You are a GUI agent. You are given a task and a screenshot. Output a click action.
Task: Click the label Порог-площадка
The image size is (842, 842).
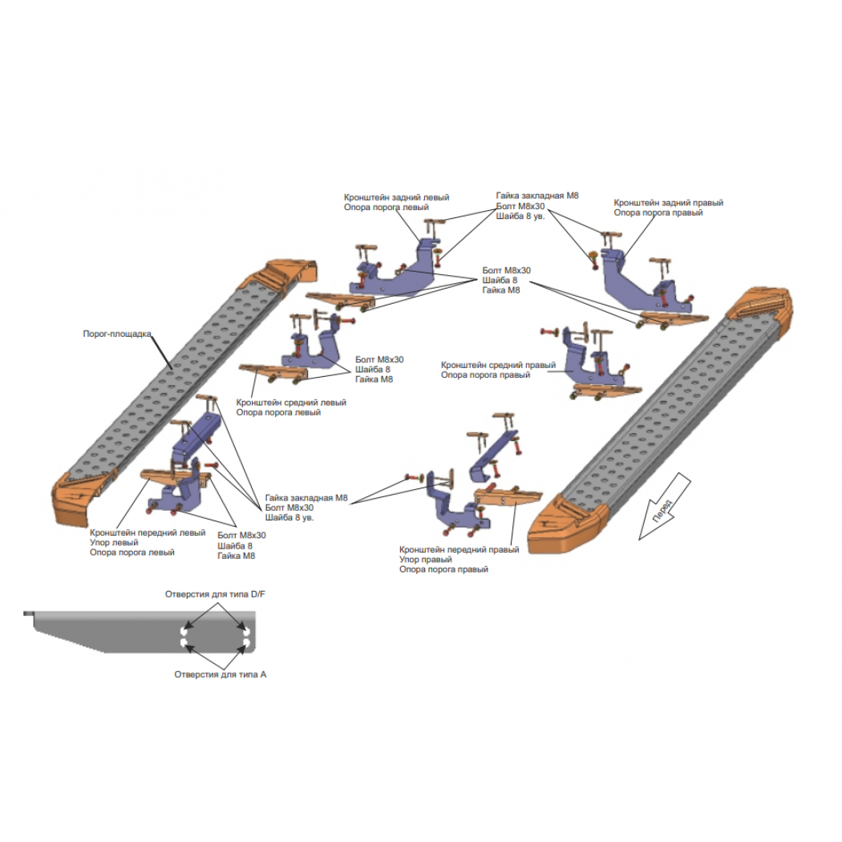click(117, 334)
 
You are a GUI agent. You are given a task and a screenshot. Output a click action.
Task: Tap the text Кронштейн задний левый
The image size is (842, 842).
click(396, 197)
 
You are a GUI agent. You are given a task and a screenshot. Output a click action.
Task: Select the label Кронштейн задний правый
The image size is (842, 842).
click(669, 202)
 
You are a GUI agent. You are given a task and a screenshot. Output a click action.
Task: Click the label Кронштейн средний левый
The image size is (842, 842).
click(291, 403)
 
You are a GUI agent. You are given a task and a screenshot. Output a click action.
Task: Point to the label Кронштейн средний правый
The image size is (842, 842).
click(498, 365)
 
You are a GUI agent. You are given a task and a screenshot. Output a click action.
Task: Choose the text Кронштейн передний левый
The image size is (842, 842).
click(148, 532)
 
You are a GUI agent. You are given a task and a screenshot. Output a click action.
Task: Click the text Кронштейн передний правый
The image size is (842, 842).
click(459, 549)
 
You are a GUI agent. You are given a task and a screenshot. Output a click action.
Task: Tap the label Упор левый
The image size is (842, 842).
click(114, 542)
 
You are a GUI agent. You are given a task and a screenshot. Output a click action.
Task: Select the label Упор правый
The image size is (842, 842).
click(425, 559)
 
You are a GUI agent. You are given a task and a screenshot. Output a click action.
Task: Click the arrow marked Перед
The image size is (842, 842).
click(664, 506)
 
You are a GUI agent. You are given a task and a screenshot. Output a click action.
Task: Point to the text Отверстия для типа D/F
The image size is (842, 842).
click(215, 594)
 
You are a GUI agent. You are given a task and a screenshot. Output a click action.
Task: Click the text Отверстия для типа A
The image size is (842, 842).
click(221, 674)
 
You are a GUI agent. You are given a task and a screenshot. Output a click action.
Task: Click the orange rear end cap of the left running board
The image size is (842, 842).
click(290, 274)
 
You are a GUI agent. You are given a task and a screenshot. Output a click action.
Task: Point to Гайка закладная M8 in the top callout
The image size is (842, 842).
click(537, 196)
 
